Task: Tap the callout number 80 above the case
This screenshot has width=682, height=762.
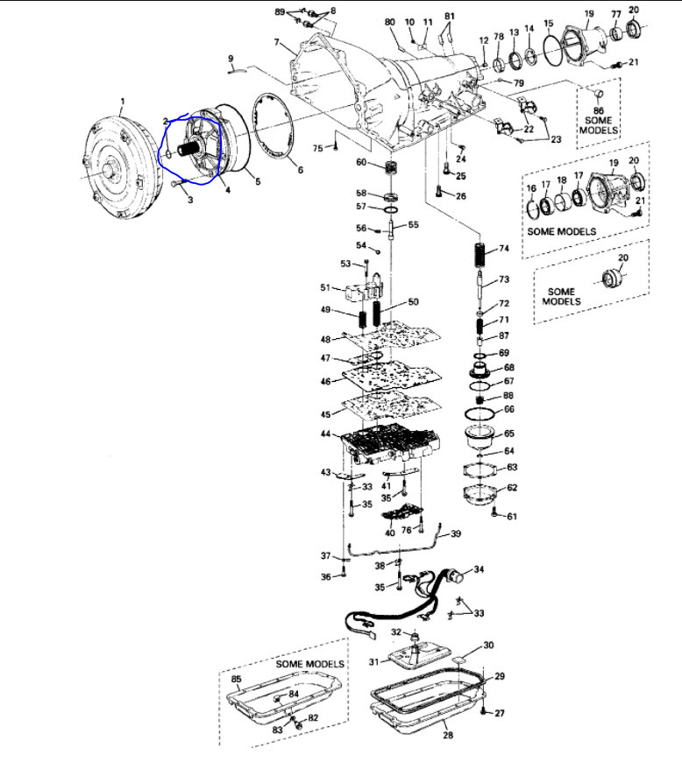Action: [x=389, y=21]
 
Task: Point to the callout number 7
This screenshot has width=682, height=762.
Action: [x=276, y=42]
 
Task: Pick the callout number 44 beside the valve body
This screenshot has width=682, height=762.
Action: [x=325, y=434]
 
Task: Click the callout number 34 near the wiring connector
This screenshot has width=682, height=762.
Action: [x=479, y=569]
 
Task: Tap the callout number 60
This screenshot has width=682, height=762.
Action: [x=361, y=162]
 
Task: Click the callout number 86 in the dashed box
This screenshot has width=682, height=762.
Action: [x=598, y=112]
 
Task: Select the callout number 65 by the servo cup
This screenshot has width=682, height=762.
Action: [x=509, y=433]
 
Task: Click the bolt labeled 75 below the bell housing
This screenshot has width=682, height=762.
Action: [x=334, y=147]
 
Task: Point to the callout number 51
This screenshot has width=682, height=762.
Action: [x=325, y=287]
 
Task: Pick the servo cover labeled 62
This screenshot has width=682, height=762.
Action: [x=479, y=490]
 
